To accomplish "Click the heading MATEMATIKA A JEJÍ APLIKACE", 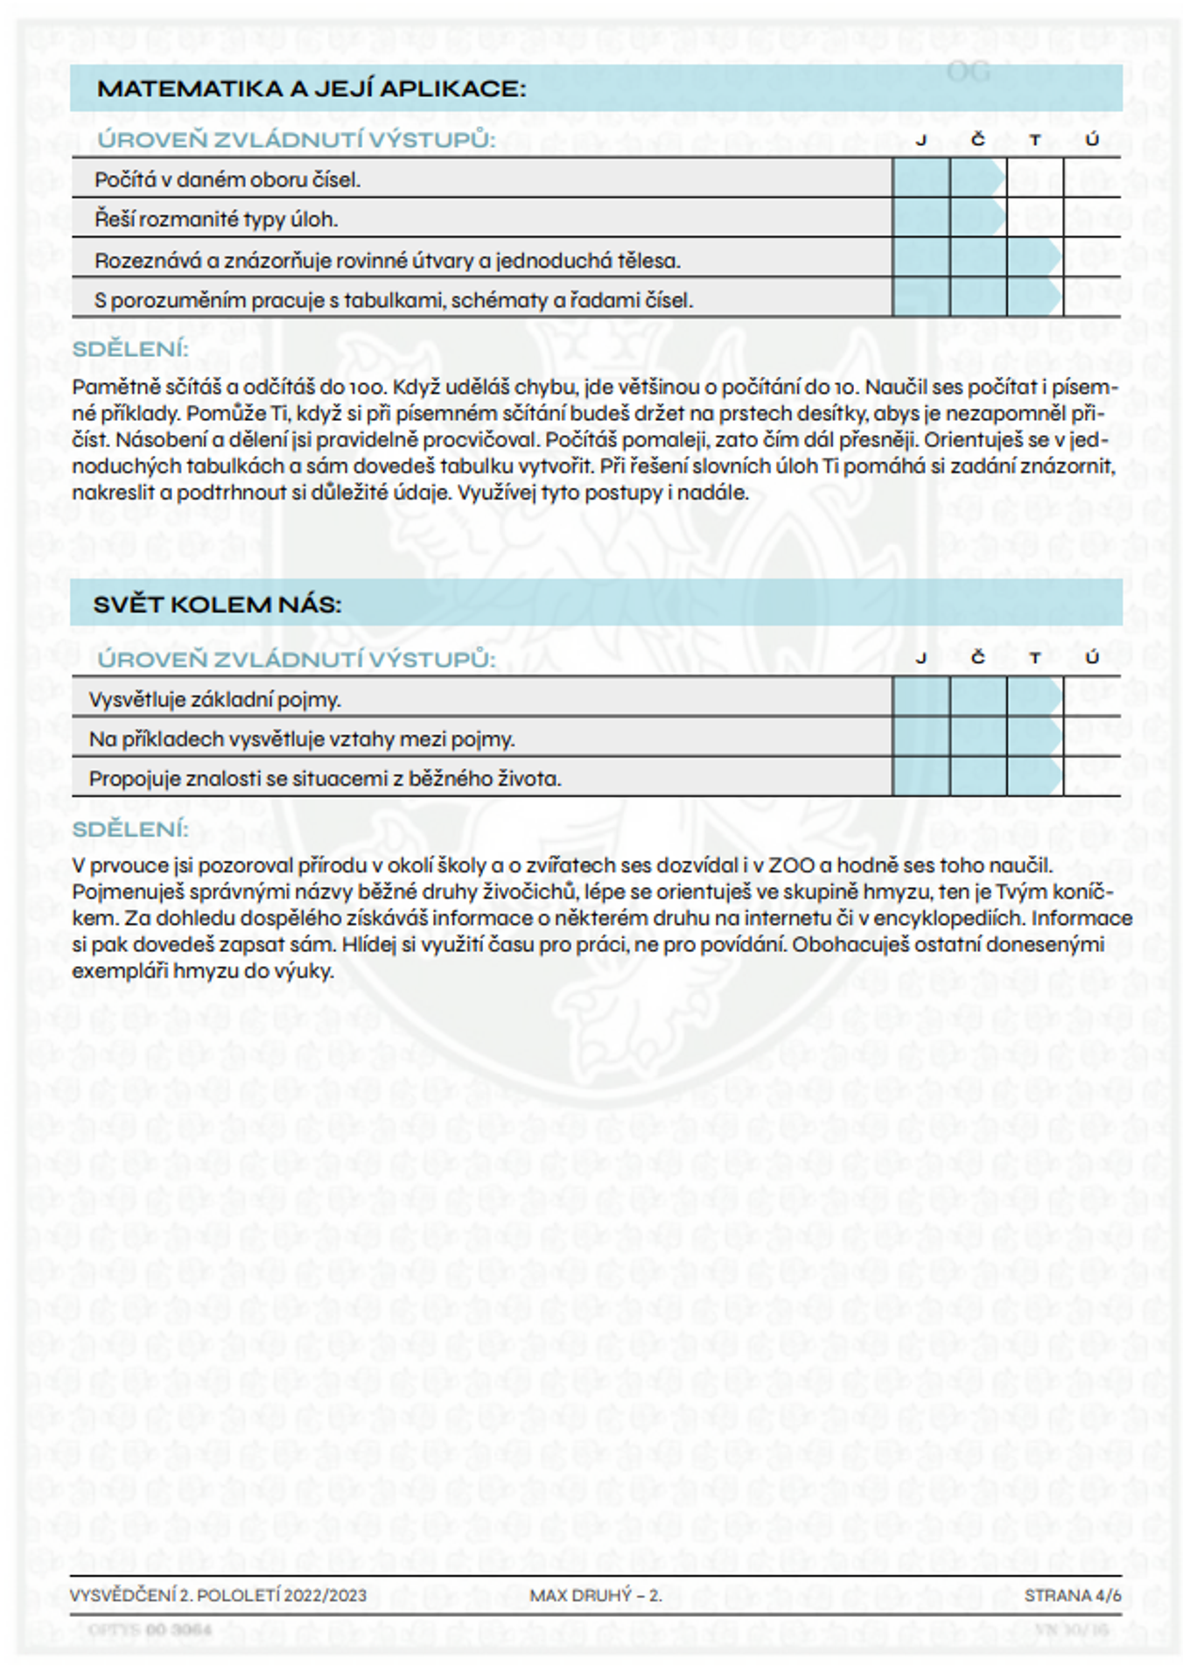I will coord(311,88).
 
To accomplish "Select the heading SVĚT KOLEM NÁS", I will coord(217,605).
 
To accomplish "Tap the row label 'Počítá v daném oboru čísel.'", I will coord(227,179).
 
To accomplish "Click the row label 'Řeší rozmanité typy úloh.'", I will coord(216,219).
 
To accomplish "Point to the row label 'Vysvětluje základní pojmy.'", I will coord(214,699).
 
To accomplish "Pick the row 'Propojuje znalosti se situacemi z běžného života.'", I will coord(325,778).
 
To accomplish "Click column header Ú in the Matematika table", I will coord(1091,140).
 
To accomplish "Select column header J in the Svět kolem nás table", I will coord(920,658).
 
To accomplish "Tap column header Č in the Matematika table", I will coord(977,140).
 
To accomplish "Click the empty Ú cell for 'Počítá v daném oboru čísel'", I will coord(1091,178).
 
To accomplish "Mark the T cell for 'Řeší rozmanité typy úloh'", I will coord(1034,218).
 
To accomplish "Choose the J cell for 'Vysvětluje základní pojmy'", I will coord(920,697).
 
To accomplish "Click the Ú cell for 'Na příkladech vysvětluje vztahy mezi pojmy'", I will coord(1091,737).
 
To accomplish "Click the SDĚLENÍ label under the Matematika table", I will coord(129,349).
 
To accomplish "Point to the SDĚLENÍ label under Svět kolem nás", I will coord(129,829).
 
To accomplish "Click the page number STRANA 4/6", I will coord(1072,1595).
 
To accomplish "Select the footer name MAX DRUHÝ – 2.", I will coord(595,1595).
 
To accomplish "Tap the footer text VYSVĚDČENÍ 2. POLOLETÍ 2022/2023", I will coord(218,1595).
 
